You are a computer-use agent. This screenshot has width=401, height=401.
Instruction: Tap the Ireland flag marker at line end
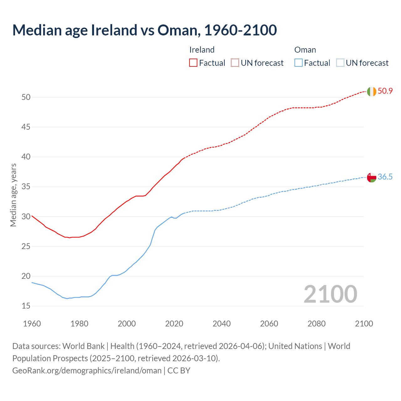(x=372, y=91)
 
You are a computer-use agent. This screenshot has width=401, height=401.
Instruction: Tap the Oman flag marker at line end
(x=372, y=177)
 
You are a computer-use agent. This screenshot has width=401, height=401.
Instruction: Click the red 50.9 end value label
(x=385, y=91)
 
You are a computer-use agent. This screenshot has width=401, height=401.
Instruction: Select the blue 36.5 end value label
(x=385, y=177)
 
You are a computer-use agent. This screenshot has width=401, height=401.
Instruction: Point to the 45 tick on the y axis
(x=26, y=127)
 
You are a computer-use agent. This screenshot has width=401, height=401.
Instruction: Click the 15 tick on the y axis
(x=26, y=306)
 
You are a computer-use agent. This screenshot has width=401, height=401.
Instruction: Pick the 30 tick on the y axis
(x=26, y=217)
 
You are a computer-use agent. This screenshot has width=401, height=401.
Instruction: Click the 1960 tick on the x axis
(x=32, y=324)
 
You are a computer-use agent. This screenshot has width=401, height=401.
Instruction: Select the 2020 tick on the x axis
(x=174, y=324)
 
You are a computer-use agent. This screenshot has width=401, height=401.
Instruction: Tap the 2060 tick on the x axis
(x=269, y=324)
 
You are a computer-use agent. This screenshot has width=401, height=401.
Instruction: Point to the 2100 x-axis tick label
(x=364, y=324)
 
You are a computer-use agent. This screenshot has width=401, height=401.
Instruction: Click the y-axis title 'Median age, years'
(x=13, y=195)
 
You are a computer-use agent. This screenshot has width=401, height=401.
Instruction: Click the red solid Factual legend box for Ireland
(x=193, y=63)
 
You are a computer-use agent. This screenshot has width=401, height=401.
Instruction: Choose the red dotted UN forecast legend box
(x=235, y=63)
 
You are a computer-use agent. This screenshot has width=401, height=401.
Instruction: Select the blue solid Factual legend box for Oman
(x=299, y=63)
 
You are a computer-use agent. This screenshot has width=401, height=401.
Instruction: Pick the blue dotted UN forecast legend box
(x=340, y=63)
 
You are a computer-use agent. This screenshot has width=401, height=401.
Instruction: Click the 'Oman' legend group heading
(x=305, y=50)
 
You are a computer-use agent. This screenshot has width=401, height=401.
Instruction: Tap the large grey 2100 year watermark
(x=331, y=294)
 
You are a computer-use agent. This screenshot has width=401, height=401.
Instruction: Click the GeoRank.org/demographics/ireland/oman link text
(x=87, y=371)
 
